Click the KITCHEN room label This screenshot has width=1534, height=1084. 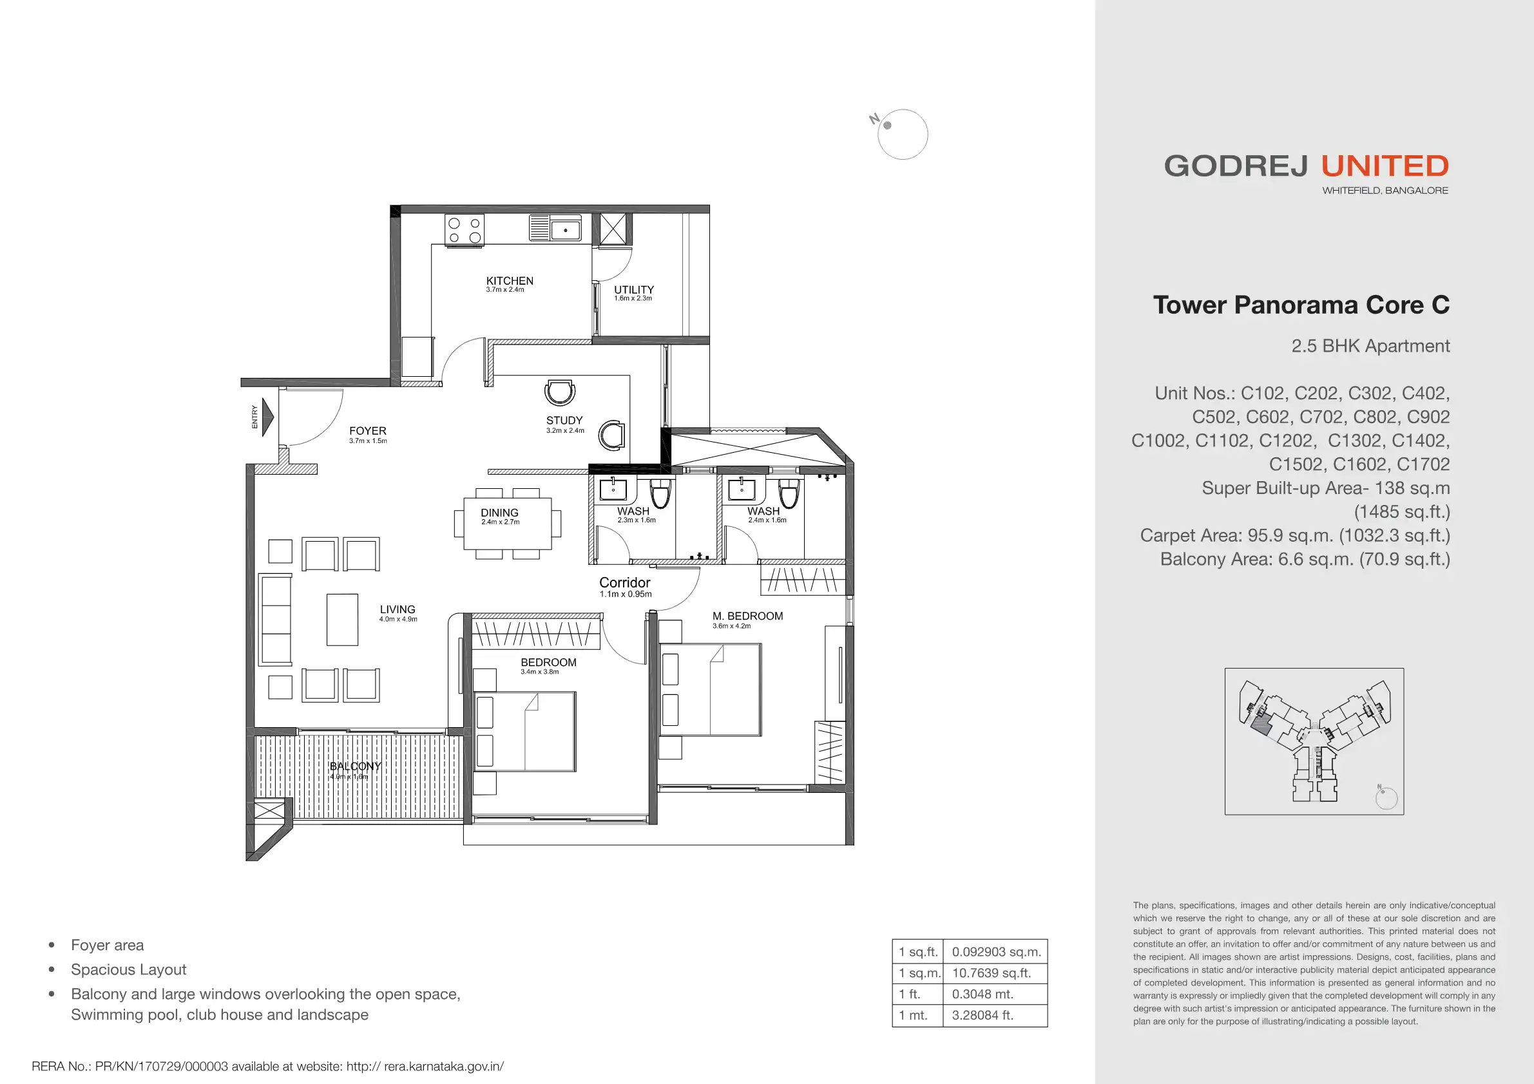point(510,281)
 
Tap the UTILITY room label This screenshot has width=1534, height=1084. point(634,290)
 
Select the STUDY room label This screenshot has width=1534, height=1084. point(564,421)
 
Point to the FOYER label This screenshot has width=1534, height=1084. point(367,432)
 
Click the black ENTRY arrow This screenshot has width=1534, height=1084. point(267,417)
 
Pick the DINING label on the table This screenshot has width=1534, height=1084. point(500,513)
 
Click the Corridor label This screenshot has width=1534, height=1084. point(625,582)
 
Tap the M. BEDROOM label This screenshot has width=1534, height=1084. point(747,616)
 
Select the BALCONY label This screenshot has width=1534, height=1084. point(356,766)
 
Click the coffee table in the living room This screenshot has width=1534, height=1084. point(342,620)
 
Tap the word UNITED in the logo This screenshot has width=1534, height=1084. point(1385,166)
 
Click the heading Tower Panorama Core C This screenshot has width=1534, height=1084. point(1301,305)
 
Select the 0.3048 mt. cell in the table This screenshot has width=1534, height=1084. point(983,994)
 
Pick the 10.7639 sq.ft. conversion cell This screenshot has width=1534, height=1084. point(992,973)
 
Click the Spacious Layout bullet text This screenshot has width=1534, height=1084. point(129,970)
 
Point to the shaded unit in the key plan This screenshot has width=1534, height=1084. point(1260,725)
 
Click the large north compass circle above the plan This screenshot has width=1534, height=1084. point(903,134)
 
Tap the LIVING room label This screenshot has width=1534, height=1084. point(398,610)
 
